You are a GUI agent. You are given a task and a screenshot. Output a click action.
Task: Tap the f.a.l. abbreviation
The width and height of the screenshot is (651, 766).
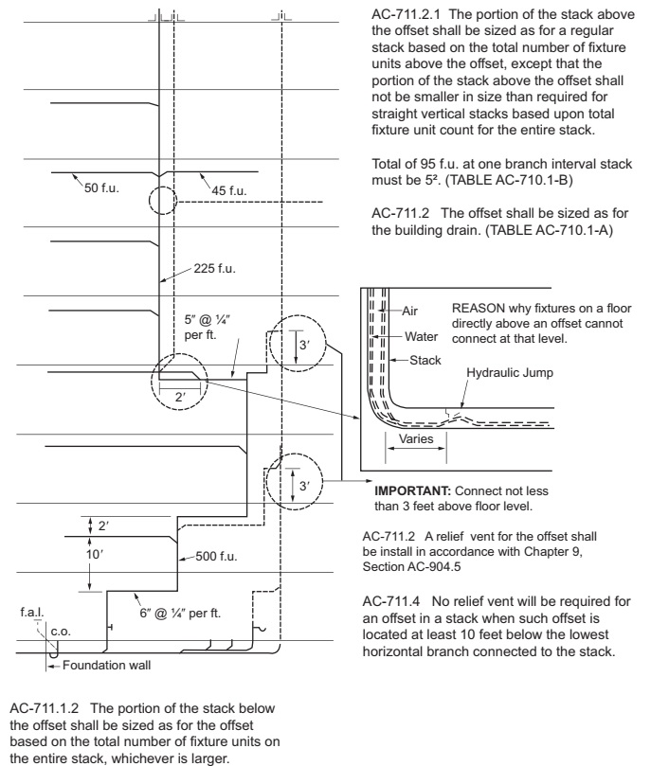32,613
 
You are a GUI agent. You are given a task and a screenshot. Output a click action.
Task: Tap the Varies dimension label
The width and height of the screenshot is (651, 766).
416,440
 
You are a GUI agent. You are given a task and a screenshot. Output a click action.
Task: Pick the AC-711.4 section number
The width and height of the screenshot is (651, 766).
391,600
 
